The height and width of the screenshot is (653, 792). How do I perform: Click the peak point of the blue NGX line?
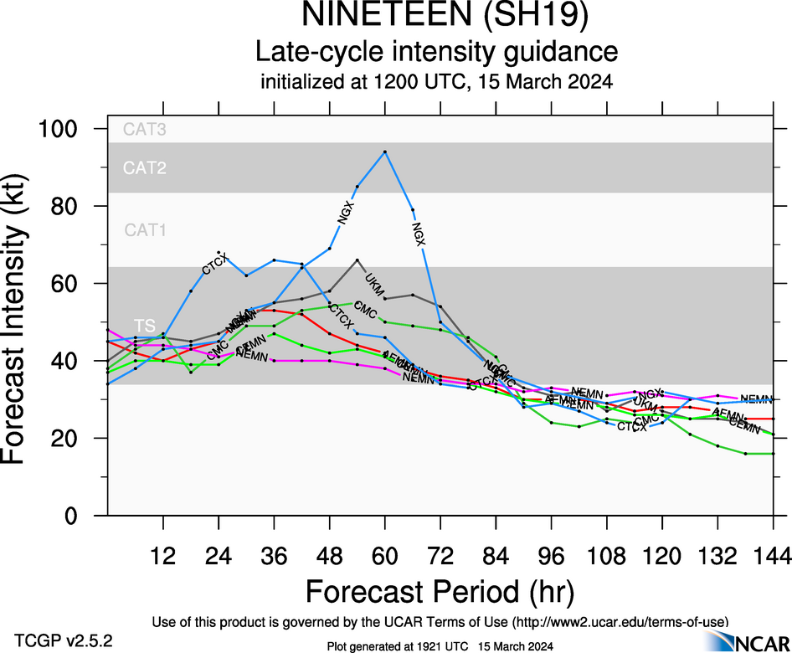384,152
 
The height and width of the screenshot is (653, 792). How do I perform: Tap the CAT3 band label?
144,130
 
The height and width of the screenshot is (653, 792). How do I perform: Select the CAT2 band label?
144,168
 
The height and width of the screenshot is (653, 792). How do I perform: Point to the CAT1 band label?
144,229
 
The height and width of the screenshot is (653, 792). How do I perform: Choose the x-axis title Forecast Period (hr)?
440,591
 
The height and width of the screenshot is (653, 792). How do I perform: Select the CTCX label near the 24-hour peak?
215,263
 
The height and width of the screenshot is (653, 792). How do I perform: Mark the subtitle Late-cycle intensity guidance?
436,52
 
